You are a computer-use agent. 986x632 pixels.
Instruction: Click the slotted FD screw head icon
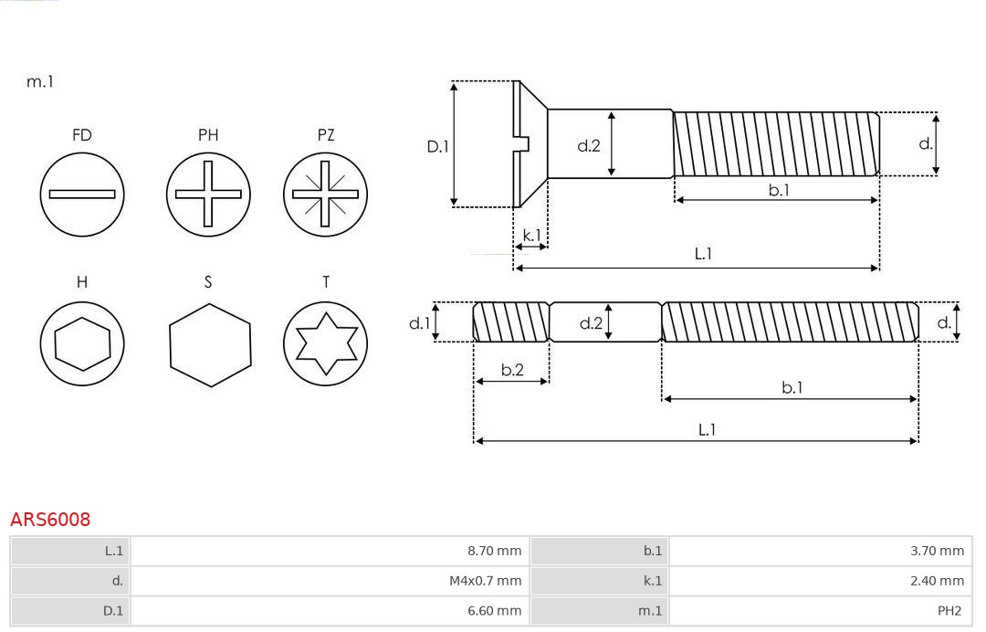coord(82,194)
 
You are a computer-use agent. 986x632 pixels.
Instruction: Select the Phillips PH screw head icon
coord(208,194)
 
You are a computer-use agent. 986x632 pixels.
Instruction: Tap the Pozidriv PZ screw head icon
coord(326,194)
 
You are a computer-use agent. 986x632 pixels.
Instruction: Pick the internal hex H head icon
coord(82,343)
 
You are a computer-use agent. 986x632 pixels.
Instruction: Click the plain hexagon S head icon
coord(209,343)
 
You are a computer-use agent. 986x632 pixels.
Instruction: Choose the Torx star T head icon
coord(326,343)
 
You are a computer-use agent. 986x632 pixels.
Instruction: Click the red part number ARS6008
coord(50,520)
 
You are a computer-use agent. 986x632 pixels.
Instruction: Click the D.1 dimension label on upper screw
coord(438,145)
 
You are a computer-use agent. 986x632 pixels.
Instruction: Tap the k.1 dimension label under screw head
coord(530,235)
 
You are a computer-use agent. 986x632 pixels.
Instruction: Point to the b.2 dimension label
coord(512,370)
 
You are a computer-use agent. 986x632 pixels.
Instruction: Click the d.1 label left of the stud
coord(418,322)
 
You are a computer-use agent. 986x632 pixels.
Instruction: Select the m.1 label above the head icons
coord(40,81)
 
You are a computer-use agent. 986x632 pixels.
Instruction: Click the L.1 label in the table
coord(114,551)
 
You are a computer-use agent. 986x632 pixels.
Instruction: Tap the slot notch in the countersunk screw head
coord(523,143)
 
